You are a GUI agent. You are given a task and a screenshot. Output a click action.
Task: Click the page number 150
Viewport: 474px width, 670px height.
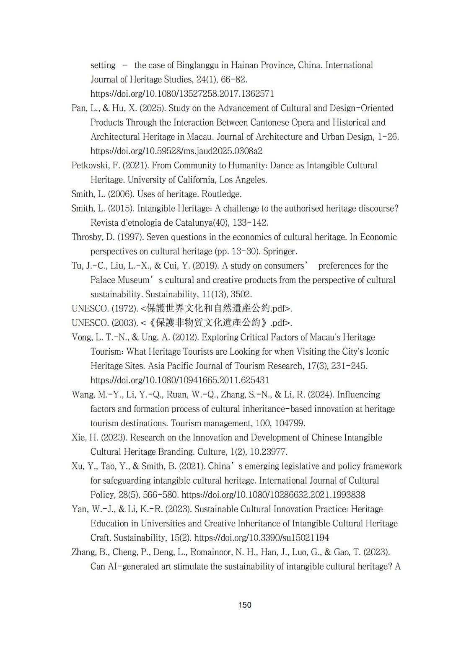pos(245,605)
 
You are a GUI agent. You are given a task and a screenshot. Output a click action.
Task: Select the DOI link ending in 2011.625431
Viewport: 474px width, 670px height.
pos(180,380)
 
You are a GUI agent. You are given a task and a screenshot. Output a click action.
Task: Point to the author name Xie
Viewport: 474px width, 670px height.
pos(78,438)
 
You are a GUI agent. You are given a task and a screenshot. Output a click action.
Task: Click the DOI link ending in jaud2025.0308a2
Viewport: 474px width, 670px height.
pos(176,151)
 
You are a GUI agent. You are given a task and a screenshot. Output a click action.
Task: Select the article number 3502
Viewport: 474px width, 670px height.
pos(241,294)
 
